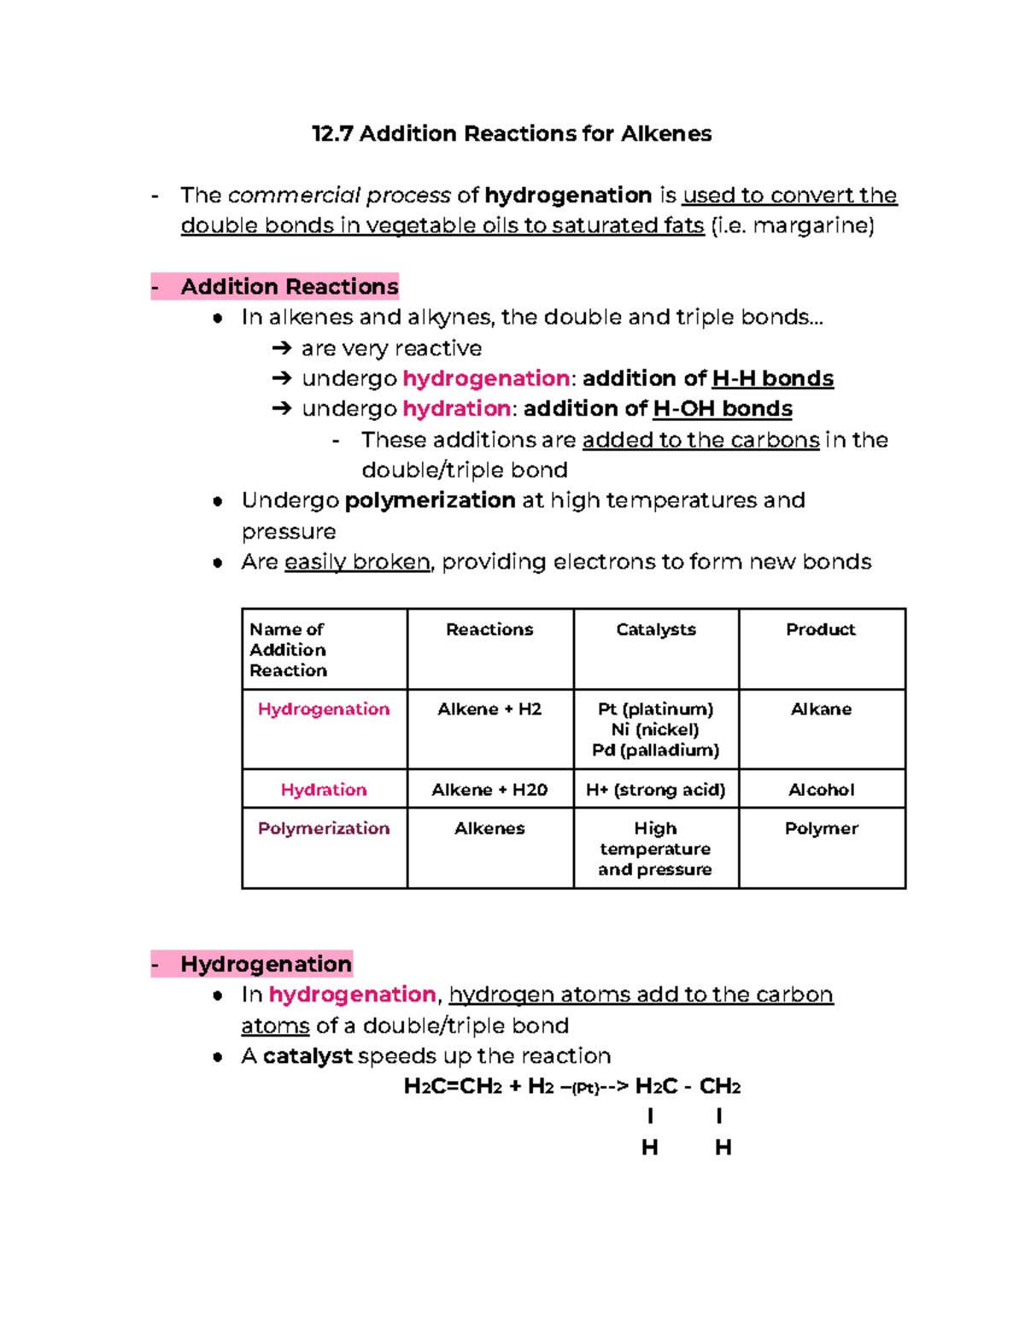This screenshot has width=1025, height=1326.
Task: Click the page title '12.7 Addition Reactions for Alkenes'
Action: (x=512, y=134)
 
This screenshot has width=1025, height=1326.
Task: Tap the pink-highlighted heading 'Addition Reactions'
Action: (x=289, y=287)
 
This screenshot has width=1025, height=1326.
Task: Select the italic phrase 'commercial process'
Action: (x=339, y=196)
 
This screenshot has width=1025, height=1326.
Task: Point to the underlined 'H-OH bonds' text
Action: (x=722, y=409)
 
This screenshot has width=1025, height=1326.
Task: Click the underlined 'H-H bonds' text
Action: (x=772, y=378)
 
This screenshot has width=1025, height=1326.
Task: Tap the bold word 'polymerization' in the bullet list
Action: (x=430, y=500)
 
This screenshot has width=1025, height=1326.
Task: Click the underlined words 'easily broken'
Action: (x=357, y=562)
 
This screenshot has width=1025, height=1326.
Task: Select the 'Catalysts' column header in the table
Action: (x=656, y=629)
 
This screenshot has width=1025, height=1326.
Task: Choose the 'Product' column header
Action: (x=821, y=629)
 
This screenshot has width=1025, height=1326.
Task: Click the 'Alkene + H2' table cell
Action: (x=489, y=710)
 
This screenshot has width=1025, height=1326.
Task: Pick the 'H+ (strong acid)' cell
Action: (x=655, y=790)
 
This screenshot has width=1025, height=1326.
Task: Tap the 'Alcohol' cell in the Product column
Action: (x=821, y=790)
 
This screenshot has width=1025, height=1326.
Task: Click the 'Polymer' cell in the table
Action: (x=821, y=828)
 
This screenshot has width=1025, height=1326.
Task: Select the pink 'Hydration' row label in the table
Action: (x=324, y=790)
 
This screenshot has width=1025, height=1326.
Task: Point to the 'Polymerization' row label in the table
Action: (x=324, y=828)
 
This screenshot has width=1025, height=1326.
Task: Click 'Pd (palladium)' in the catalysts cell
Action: (x=655, y=751)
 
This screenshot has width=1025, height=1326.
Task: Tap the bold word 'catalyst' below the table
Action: (x=307, y=1056)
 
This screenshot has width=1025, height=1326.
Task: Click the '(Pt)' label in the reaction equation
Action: (x=586, y=1089)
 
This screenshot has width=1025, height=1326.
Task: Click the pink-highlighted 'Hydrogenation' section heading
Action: (x=266, y=964)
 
